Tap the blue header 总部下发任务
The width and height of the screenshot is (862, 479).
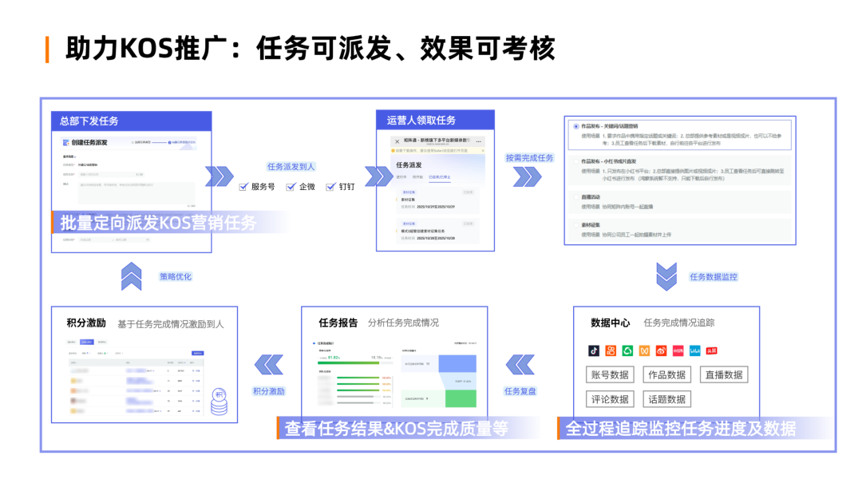89,121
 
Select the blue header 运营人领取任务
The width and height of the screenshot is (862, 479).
421,120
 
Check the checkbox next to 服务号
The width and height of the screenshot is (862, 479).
244,187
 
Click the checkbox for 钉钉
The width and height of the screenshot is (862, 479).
331,187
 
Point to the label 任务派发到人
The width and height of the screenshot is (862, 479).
291,167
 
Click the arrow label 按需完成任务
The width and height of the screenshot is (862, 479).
529,157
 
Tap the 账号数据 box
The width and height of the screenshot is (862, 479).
609,374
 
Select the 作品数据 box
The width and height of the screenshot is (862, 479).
666,374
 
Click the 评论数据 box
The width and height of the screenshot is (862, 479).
609,399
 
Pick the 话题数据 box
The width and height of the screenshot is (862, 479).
666,399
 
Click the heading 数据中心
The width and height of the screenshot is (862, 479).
611,323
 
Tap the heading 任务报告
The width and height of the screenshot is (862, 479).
338,323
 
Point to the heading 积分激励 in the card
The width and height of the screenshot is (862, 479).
86,323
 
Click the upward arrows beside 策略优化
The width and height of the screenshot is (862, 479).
131,277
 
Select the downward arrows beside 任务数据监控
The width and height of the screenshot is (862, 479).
666,277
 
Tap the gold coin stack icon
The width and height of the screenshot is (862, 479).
218,402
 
